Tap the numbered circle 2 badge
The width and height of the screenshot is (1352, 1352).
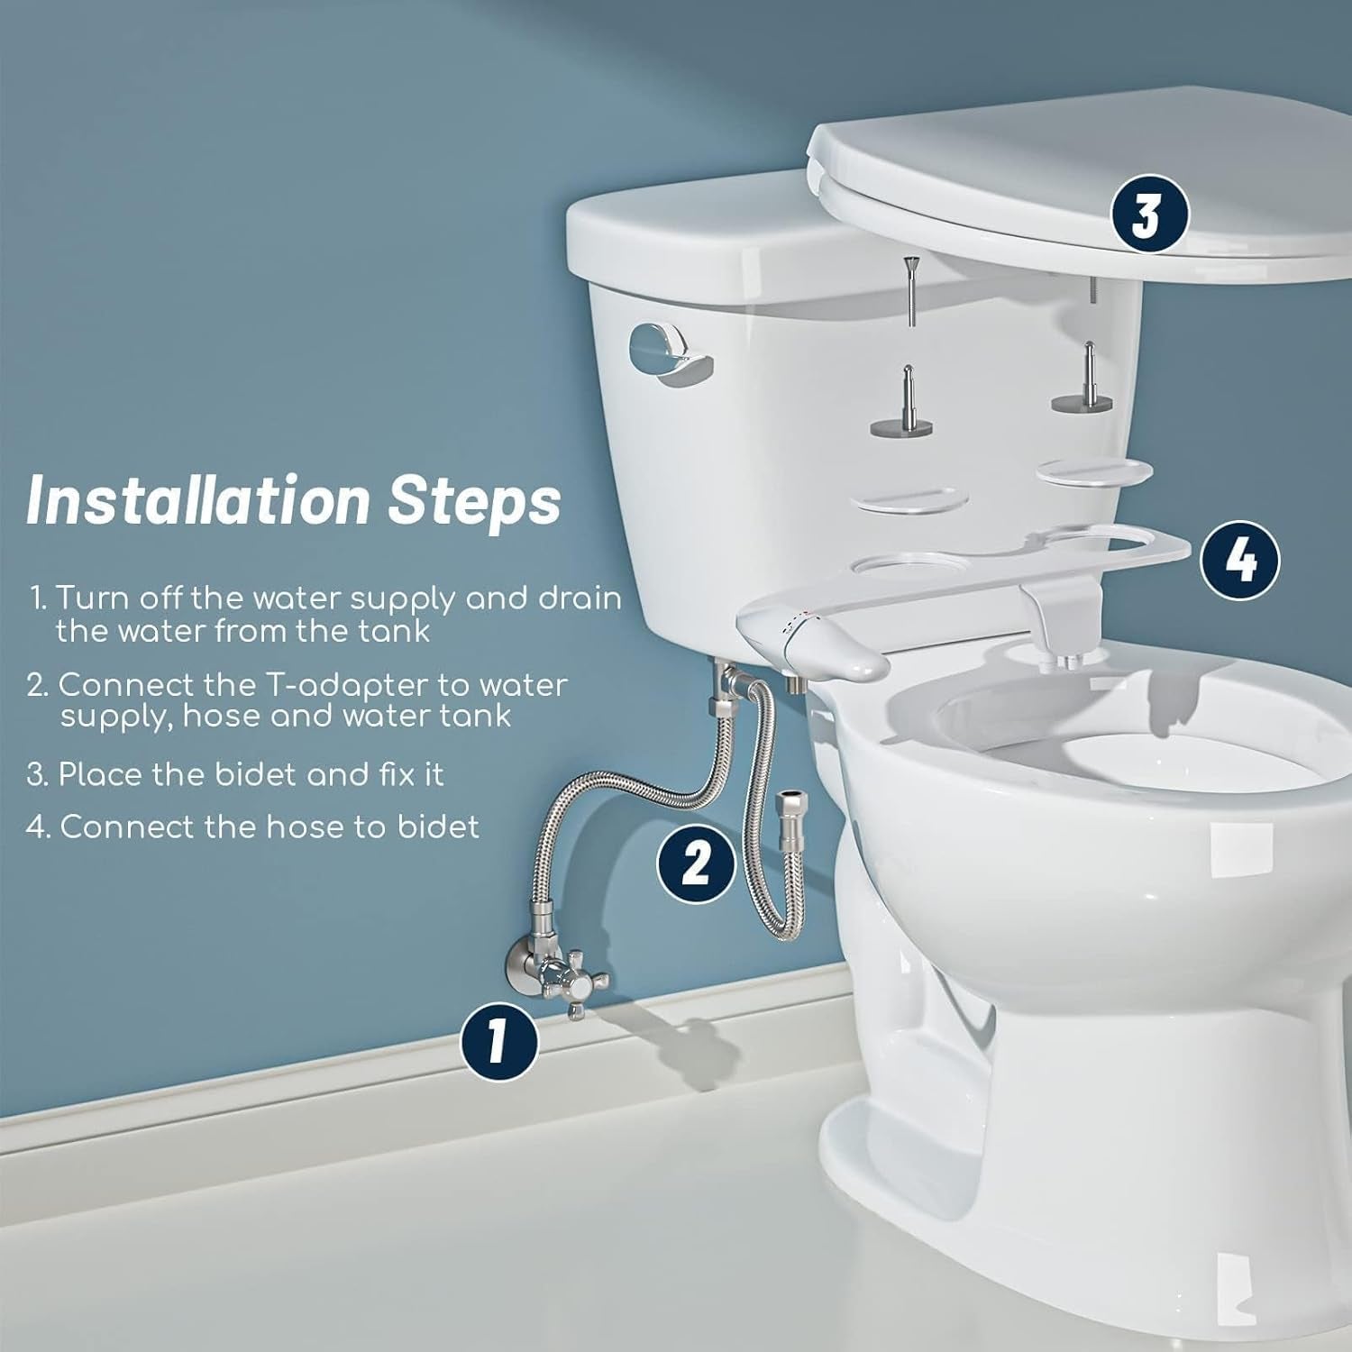pos(695,863)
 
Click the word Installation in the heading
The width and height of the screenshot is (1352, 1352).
pos(197,499)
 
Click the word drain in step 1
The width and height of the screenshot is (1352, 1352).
pos(579,599)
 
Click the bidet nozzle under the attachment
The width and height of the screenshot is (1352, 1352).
pos(1056,662)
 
